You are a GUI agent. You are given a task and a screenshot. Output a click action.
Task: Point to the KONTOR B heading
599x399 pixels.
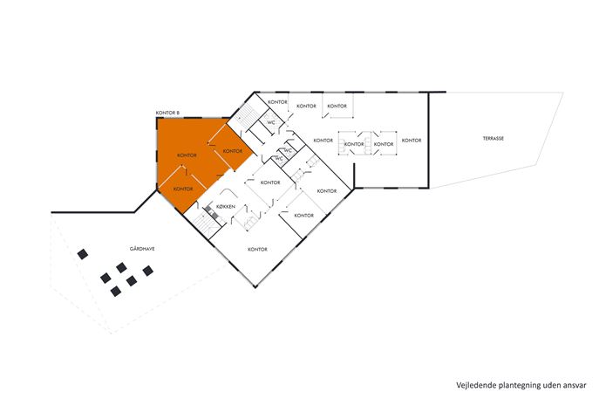[167, 114]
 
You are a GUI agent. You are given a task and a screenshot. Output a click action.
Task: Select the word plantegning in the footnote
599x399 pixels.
[521, 384]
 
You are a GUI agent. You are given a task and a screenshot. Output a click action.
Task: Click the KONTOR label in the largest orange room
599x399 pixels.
[187, 155]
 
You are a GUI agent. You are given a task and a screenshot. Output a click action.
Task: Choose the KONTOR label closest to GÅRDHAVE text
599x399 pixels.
[182, 189]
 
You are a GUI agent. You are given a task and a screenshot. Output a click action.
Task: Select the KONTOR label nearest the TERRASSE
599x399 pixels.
[412, 141]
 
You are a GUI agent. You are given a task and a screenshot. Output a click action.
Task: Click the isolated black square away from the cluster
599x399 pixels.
[83, 254]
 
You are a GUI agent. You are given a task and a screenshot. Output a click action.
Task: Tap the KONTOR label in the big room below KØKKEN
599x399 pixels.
[257, 250]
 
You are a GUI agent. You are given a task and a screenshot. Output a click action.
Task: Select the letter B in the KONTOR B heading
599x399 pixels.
[177, 114]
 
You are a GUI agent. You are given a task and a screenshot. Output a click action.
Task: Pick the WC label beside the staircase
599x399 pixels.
[271, 122]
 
